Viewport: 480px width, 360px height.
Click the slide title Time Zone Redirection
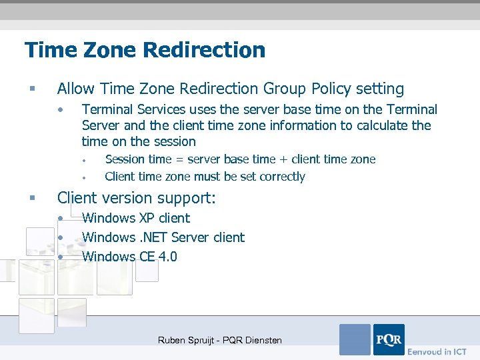click(145, 50)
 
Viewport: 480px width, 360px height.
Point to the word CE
click(147, 257)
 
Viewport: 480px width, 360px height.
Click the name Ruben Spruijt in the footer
click(187, 340)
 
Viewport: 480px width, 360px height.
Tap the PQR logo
click(389, 339)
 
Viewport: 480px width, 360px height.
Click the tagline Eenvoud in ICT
click(437, 351)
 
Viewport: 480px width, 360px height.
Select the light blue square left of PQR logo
click(355, 339)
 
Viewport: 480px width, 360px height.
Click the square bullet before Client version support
click(32, 198)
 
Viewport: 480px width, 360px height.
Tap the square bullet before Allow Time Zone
click(32, 89)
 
